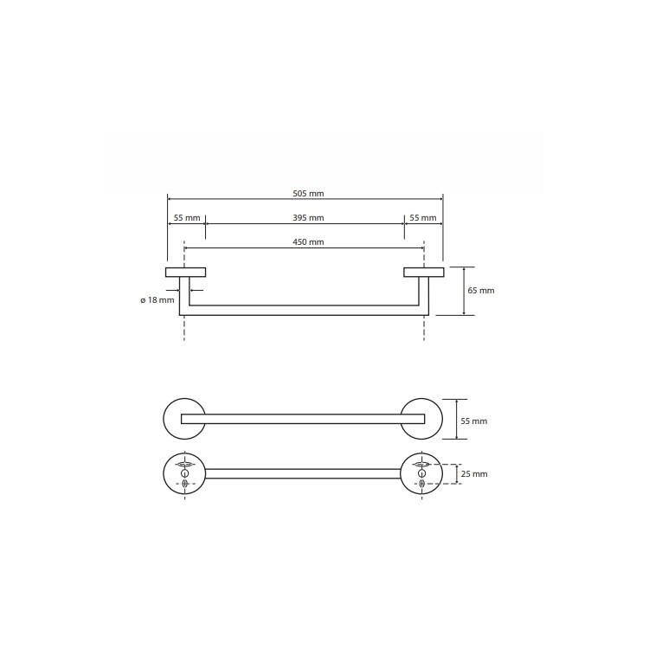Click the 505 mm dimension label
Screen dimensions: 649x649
[x=308, y=193]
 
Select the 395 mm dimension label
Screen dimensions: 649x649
[x=308, y=218]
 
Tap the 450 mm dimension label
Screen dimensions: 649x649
[x=308, y=242]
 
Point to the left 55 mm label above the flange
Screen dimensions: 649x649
[x=187, y=218]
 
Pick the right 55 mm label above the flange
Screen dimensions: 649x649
[x=423, y=218]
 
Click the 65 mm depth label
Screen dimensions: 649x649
[x=481, y=291]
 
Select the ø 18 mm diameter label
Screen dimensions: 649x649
[x=157, y=300]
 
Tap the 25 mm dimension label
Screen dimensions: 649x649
[x=474, y=474]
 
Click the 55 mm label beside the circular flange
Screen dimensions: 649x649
[x=474, y=421]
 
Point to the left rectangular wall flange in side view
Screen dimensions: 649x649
[x=185, y=272]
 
